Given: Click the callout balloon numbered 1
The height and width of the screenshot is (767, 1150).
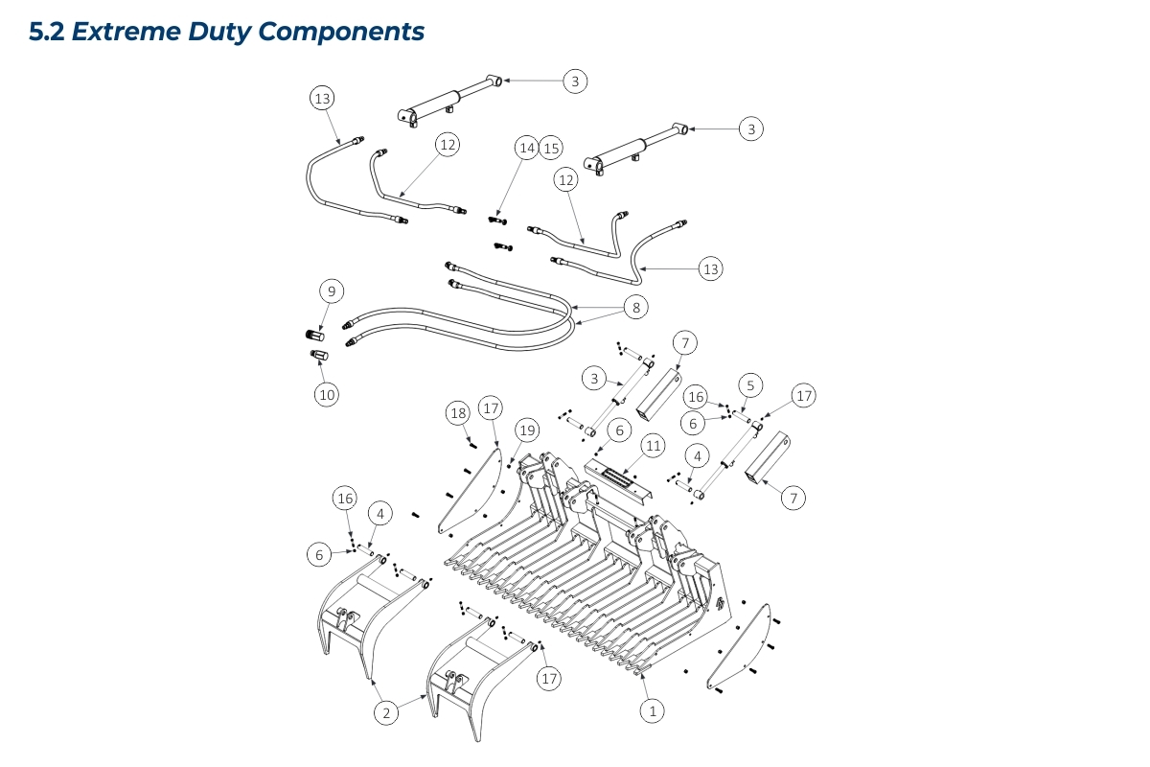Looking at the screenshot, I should click(653, 711).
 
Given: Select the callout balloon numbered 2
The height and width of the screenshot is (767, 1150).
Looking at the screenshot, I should click(385, 712).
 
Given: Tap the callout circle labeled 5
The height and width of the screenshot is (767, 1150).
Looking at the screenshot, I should click(750, 385).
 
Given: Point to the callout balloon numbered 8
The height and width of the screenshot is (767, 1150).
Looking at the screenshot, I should click(633, 307).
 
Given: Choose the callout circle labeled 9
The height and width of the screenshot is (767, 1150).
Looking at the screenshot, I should click(330, 291).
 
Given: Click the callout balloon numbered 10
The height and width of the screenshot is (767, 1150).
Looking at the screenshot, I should click(328, 393).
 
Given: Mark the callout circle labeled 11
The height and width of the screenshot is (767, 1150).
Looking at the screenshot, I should click(653, 446).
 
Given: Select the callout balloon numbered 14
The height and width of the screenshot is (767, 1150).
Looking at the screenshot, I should click(526, 148).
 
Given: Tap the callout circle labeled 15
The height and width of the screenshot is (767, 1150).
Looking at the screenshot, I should click(550, 148).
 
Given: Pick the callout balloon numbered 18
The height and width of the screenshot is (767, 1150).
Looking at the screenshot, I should click(458, 413).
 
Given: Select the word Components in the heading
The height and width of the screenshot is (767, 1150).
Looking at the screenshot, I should click(341, 32).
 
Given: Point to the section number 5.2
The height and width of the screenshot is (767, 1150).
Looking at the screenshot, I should click(47, 32).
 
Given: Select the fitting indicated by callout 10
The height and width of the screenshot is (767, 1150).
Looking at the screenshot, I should click(320, 357).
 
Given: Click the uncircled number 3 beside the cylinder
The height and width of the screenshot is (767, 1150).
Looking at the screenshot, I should click(594, 379).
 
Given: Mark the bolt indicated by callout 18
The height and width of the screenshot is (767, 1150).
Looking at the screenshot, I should click(472, 444).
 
